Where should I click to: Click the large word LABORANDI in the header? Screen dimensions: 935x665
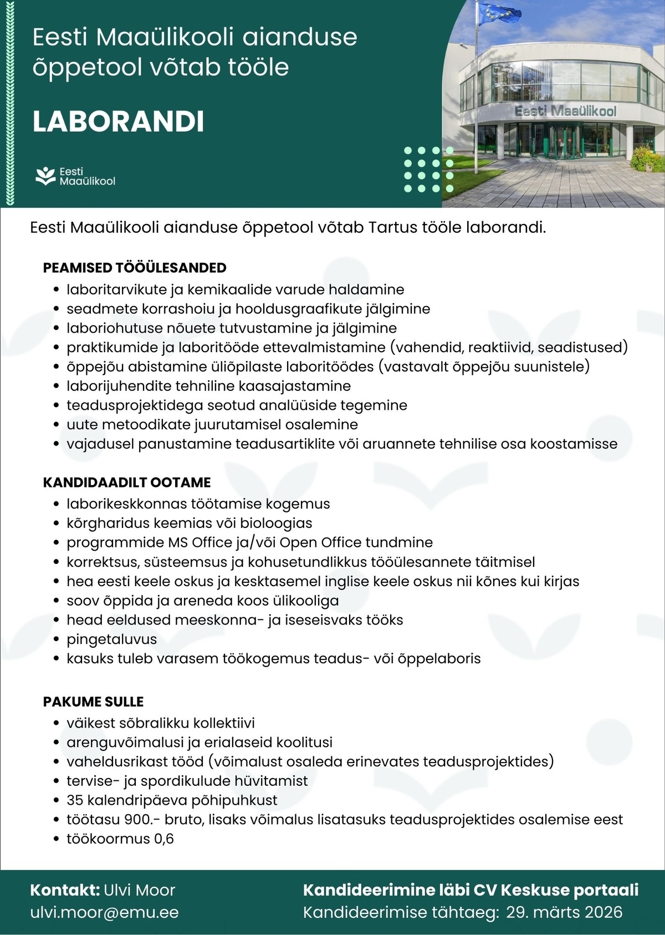(x=118, y=121)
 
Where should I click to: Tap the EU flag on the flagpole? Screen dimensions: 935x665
(x=499, y=13)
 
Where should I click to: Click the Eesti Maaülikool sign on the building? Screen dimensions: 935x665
(x=565, y=111)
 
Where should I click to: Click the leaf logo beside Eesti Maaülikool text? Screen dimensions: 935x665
(x=45, y=176)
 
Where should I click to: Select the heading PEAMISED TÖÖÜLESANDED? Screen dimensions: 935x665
(x=135, y=268)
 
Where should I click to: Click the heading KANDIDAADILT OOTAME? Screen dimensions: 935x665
(x=127, y=482)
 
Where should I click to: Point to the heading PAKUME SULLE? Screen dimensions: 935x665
(x=93, y=702)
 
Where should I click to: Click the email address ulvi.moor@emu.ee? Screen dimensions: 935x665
(x=104, y=912)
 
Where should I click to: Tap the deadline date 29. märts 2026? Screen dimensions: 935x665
(x=564, y=912)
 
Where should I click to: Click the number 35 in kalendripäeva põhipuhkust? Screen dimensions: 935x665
(x=75, y=800)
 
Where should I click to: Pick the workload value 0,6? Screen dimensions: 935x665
(x=164, y=839)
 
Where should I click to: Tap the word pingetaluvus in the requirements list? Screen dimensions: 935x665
(x=111, y=639)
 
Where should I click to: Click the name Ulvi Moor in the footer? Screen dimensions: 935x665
(x=139, y=890)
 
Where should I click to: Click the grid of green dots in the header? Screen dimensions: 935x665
(x=428, y=169)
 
